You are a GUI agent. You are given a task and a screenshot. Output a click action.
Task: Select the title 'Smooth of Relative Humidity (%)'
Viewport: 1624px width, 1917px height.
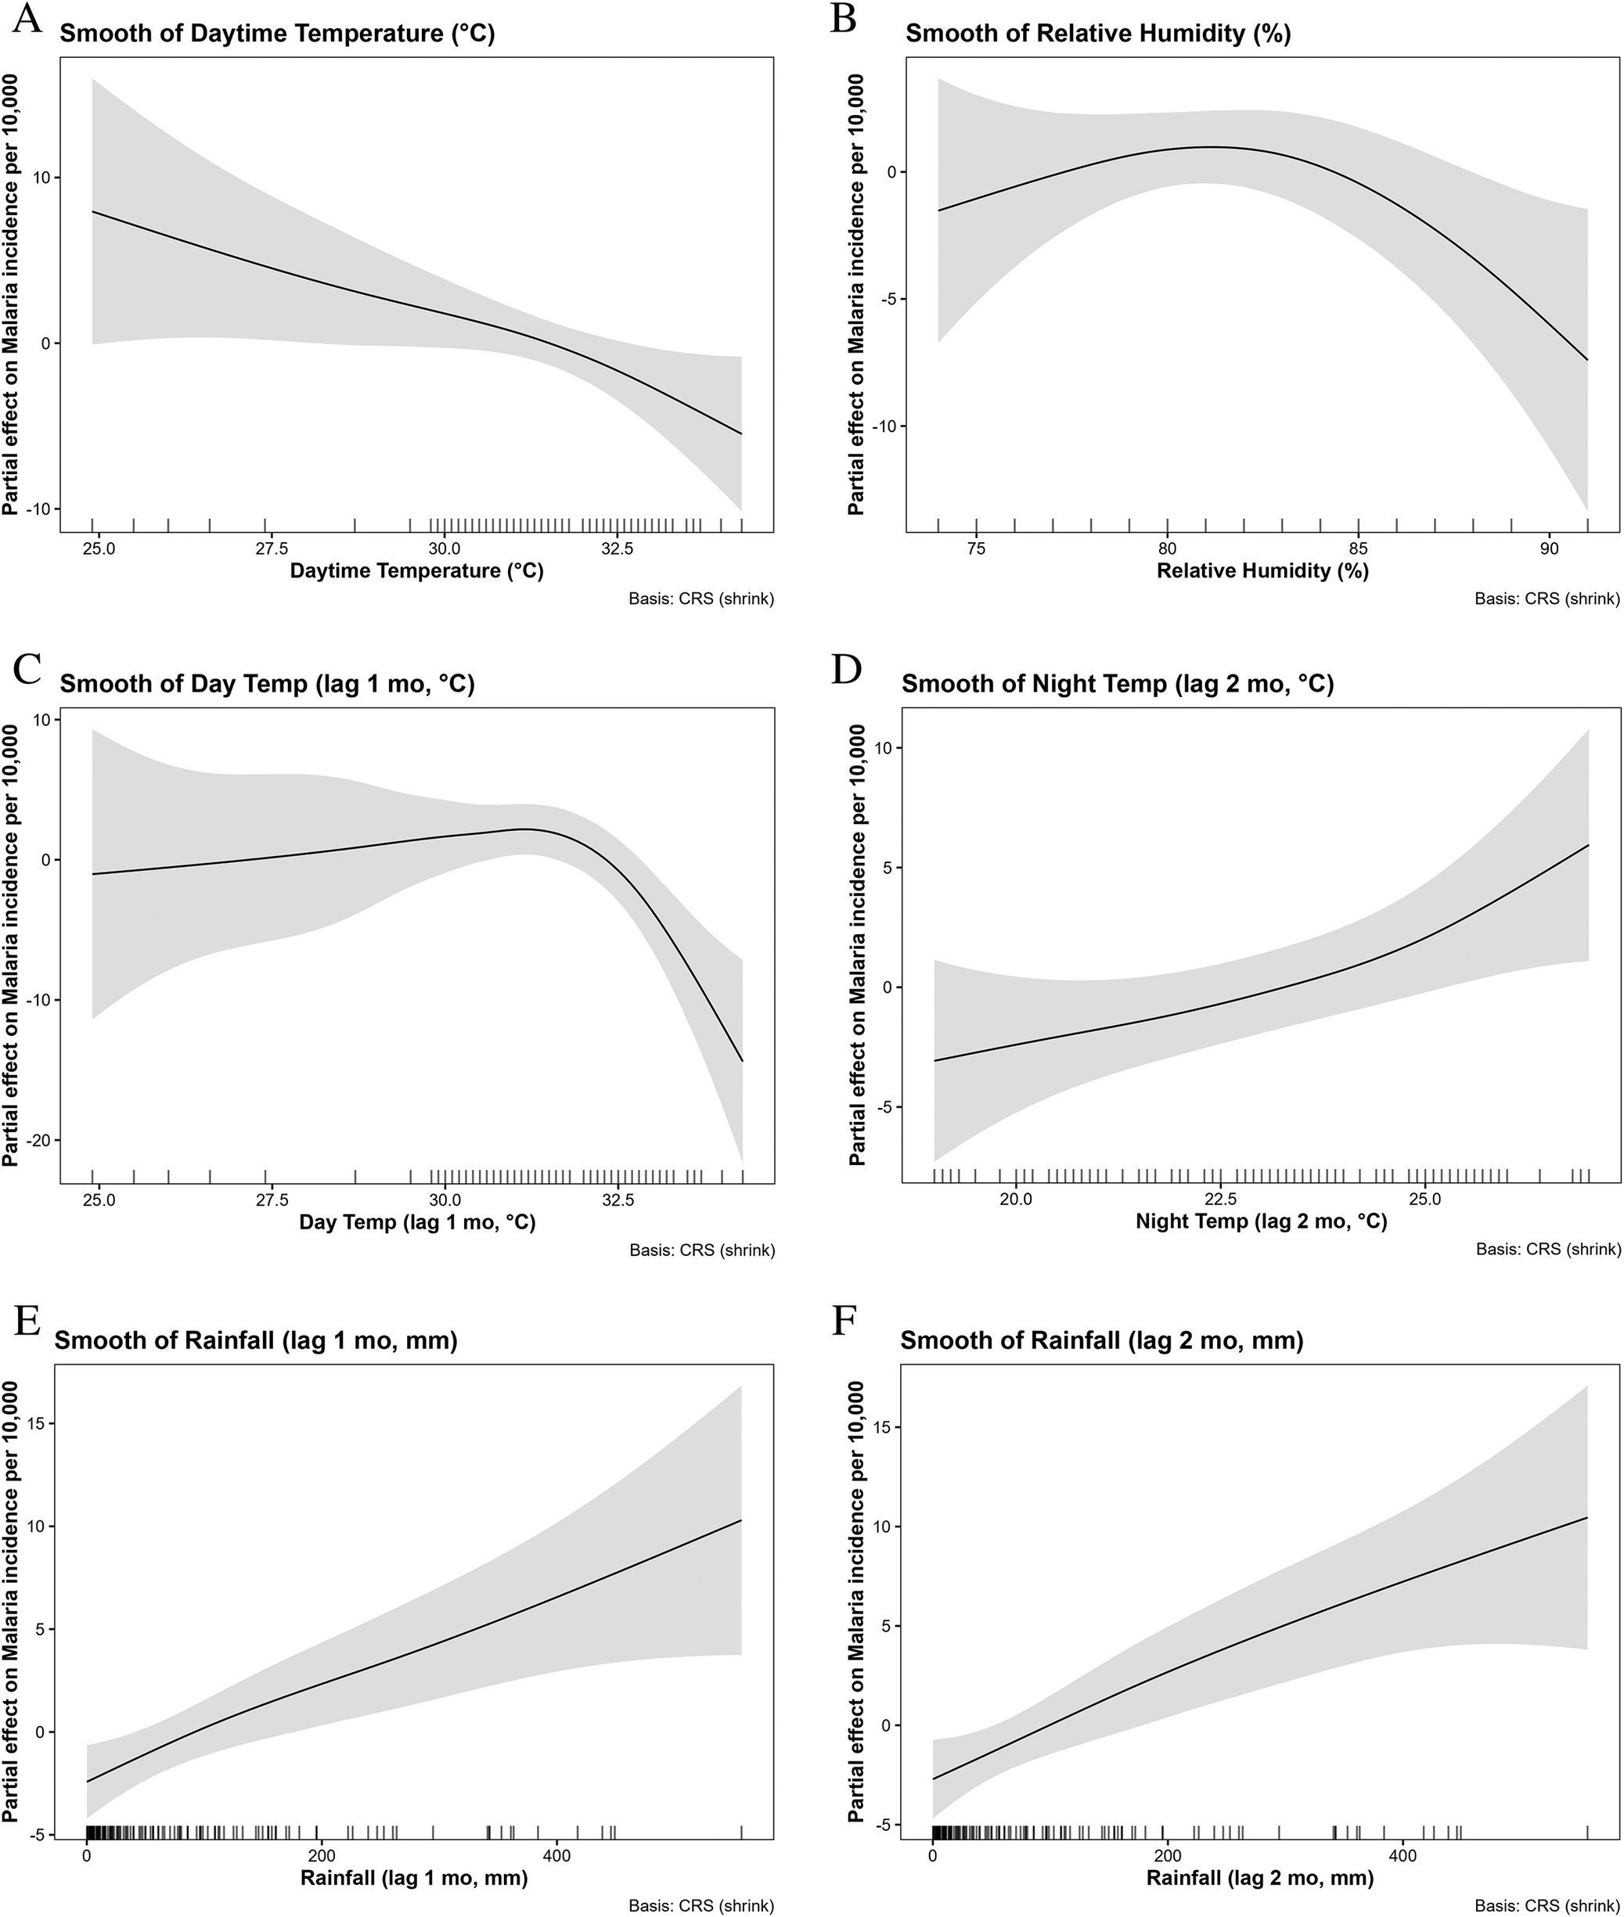click(1098, 35)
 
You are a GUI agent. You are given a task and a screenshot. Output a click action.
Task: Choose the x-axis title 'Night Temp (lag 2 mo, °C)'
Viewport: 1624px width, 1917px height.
click(1262, 1221)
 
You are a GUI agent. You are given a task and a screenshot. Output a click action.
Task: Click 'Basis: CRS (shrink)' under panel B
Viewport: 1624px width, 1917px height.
click(1547, 599)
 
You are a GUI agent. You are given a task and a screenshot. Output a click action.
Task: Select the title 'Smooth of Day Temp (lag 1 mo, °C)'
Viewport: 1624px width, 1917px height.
click(268, 685)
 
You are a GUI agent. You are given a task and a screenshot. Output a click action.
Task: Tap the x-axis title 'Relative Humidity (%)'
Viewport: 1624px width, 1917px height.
click(1262, 570)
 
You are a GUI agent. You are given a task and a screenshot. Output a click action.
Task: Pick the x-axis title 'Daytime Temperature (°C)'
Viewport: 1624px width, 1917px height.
click(417, 570)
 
